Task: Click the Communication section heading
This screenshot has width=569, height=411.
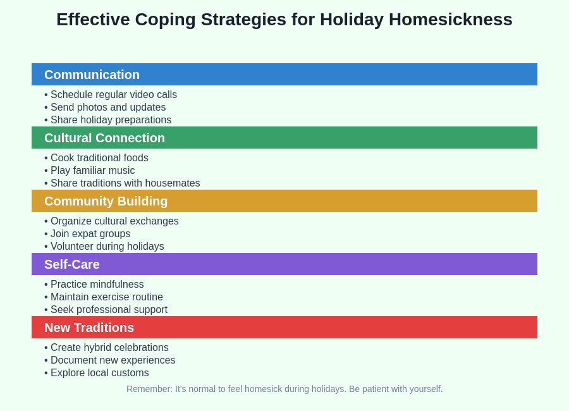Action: (92, 75)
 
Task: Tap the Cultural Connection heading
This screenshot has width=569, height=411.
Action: (104, 138)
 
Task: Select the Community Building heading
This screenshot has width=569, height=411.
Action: (106, 201)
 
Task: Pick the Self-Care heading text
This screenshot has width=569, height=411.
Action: (72, 264)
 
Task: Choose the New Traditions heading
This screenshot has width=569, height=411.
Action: (89, 328)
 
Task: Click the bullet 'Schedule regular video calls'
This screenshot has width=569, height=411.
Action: (113, 95)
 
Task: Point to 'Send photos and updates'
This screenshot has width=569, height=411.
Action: (107, 107)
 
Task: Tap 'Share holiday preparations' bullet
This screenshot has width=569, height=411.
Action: (111, 120)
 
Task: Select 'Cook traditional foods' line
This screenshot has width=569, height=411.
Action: (99, 158)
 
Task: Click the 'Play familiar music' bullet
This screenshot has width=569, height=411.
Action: (92, 171)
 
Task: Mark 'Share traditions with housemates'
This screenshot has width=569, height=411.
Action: (125, 183)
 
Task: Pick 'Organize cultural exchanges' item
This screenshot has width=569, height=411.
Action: (114, 221)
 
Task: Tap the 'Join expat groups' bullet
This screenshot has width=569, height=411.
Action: (90, 234)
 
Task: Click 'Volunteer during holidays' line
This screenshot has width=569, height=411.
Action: (107, 247)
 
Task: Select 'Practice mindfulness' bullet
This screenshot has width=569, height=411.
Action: (97, 285)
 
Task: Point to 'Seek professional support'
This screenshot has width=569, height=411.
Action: (109, 310)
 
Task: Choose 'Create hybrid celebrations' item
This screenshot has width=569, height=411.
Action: (109, 348)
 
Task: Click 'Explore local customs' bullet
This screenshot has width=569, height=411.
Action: (99, 373)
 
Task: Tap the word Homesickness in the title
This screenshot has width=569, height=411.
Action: (450, 20)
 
